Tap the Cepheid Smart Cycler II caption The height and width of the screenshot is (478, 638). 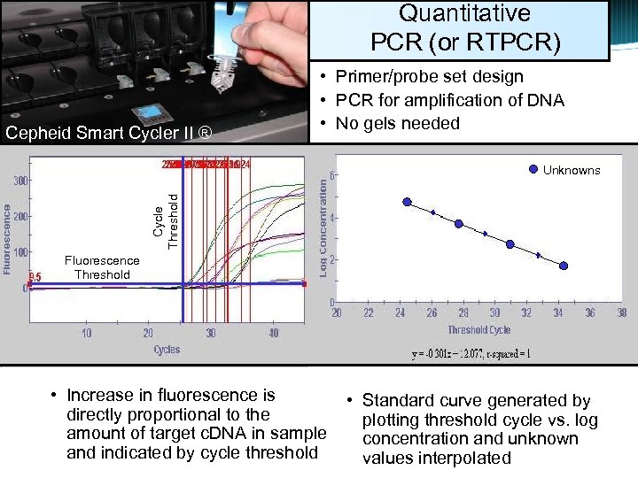pyautogui.click(x=109, y=134)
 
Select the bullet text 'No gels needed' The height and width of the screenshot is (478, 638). pyautogui.click(x=397, y=123)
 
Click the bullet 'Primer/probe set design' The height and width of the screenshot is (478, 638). pyautogui.click(x=429, y=77)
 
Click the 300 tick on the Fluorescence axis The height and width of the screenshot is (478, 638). pyautogui.click(x=19, y=181)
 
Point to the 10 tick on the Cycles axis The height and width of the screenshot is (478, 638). pyautogui.click(x=87, y=333)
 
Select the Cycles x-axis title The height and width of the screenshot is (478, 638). pyautogui.click(x=167, y=350)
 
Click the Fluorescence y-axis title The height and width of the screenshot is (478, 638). pyautogui.click(x=7, y=240)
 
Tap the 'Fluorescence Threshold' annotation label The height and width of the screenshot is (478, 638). pyautogui.click(x=102, y=267)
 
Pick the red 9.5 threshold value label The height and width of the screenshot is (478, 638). pyautogui.click(x=35, y=277)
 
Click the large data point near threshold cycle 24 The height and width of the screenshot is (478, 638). pyautogui.click(x=407, y=202)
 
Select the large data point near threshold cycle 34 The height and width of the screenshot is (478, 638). pyautogui.click(x=563, y=266)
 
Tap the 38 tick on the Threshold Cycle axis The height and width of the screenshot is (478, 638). pyautogui.click(x=622, y=312)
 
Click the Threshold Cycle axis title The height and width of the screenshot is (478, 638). pyautogui.click(x=478, y=329)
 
